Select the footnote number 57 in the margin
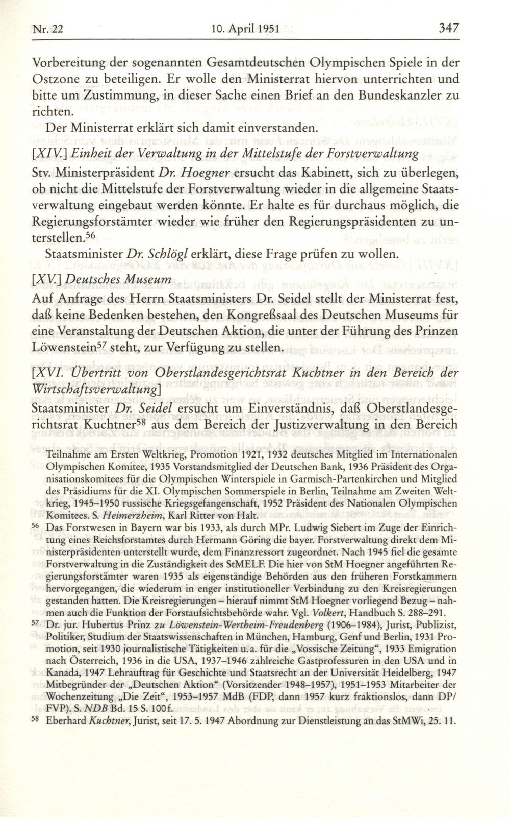35,626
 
